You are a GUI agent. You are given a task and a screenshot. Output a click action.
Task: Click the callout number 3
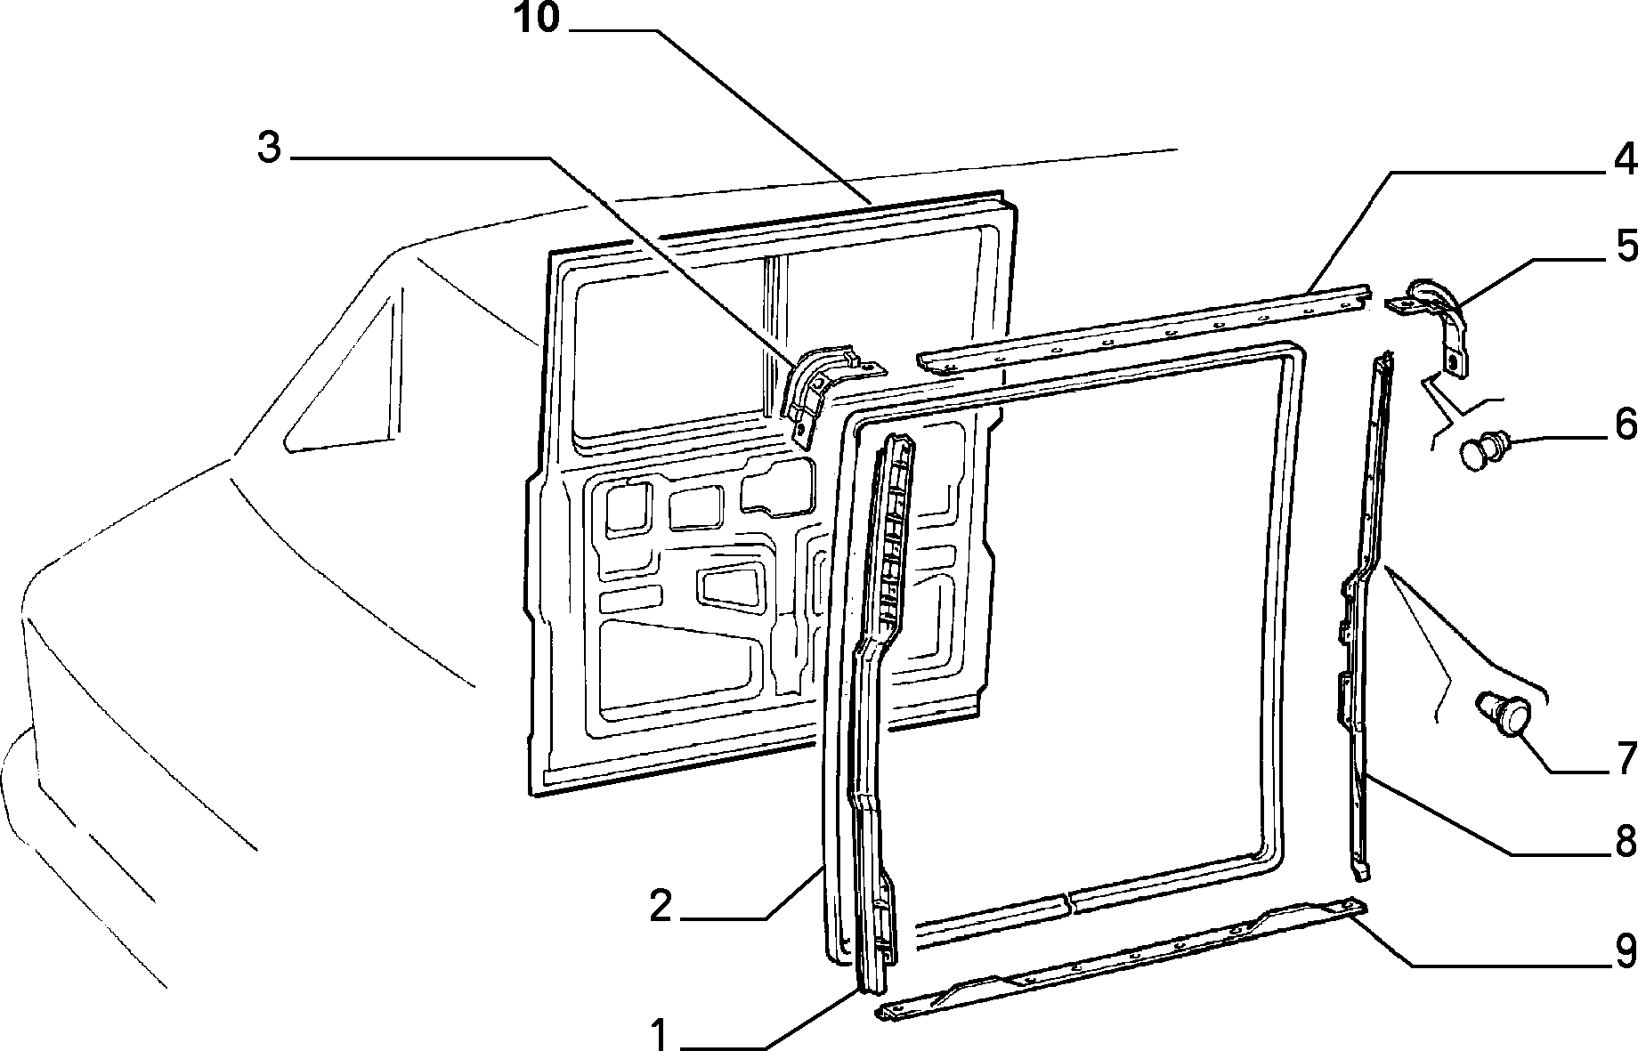(269, 148)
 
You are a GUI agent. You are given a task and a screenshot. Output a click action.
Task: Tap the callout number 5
(1626, 247)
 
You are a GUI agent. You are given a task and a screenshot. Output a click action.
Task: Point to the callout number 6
(1626, 424)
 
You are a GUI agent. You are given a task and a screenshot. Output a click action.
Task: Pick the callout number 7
(1626, 758)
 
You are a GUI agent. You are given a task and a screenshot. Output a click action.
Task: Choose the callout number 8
(1626, 841)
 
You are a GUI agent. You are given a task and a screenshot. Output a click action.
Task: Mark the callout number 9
(1626, 952)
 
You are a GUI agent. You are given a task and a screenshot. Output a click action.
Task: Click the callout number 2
(661, 907)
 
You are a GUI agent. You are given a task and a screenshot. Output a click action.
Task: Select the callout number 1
(659, 1035)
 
